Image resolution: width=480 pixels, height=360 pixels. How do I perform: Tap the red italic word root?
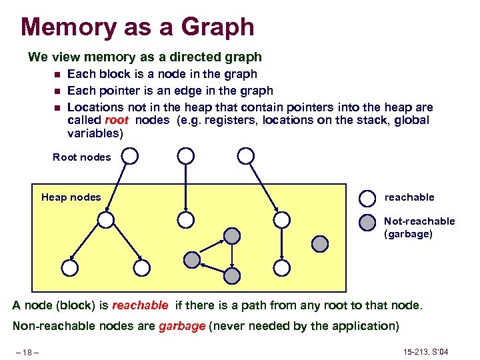[x=117, y=121]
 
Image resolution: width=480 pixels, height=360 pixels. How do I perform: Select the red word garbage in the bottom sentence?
[x=182, y=326]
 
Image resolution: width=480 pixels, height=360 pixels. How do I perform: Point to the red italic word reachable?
[x=140, y=305]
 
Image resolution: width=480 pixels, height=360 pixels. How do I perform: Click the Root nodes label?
[x=82, y=157]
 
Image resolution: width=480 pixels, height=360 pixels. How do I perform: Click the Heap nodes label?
[x=71, y=197]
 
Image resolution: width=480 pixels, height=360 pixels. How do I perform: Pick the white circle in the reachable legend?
[x=367, y=198]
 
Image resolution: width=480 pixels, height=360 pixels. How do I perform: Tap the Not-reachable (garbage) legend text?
[x=419, y=227]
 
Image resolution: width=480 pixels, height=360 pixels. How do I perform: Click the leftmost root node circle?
[x=129, y=157]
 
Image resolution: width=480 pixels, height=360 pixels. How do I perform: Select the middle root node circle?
[x=186, y=157]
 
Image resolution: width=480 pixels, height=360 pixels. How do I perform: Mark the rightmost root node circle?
[x=246, y=157]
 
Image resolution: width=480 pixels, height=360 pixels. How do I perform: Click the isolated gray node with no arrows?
[x=321, y=243]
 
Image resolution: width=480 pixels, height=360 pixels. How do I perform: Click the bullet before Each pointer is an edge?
[x=57, y=91]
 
